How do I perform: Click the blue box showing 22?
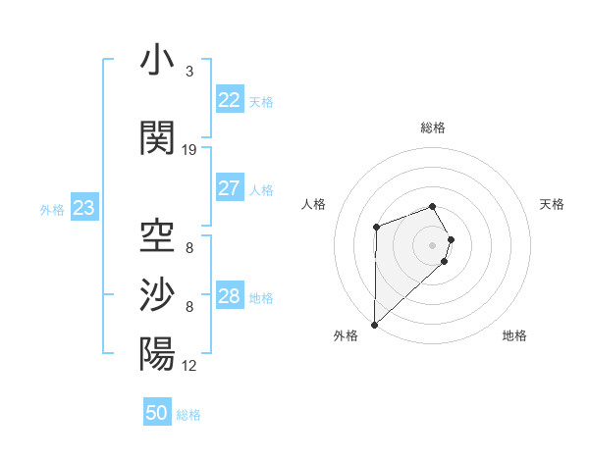coord(229,100)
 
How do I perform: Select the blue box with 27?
coord(229,188)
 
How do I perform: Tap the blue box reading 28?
coord(229,296)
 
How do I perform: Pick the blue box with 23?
coord(83,208)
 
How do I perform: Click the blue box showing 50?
coord(157,413)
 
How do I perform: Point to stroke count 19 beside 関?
coord(189,150)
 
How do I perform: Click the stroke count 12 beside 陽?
coord(189,366)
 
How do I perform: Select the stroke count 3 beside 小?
coord(189,72)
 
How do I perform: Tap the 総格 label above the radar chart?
coord(433,128)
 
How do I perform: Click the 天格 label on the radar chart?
coord(552,204)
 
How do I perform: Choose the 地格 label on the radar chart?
coord(514,335)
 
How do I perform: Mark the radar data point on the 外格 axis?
coord(374,324)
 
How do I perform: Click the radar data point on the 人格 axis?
coord(376,228)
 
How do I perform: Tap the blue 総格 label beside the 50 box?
coord(188,415)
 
